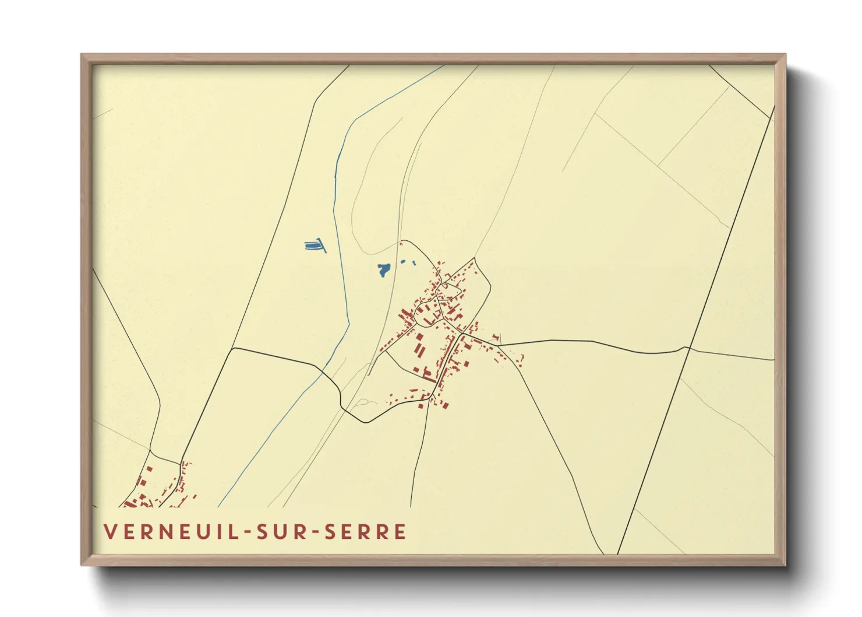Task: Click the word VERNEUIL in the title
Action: pos(168,532)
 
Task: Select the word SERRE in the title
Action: pos(365,532)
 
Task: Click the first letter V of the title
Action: pos(109,532)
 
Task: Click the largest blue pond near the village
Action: pos(383,270)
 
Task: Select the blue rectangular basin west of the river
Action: pos(315,246)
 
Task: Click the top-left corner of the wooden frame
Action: pos(82,55)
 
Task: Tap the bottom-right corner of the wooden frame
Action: pos(785,565)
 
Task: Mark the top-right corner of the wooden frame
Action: pos(785,55)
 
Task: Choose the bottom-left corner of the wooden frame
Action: pos(82,565)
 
